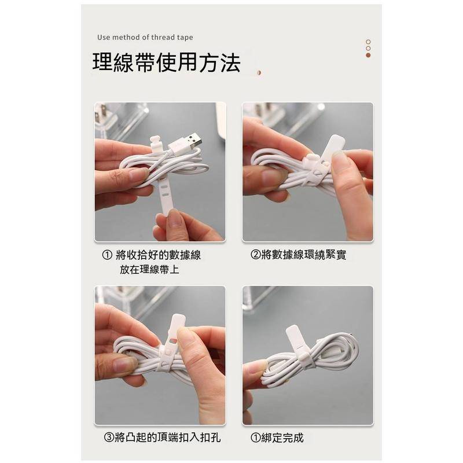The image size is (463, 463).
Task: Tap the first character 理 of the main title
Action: click(x=103, y=63)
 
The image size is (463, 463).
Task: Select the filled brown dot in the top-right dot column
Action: click(x=368, y=56)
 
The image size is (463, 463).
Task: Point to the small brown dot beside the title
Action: click(x=259, y=73)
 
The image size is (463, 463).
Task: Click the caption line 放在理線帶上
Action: click(x=149, y=270)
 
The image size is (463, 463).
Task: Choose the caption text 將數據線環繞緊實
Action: click(x=303, y=255)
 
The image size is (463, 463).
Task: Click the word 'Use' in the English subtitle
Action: click(x=104, y=38)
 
